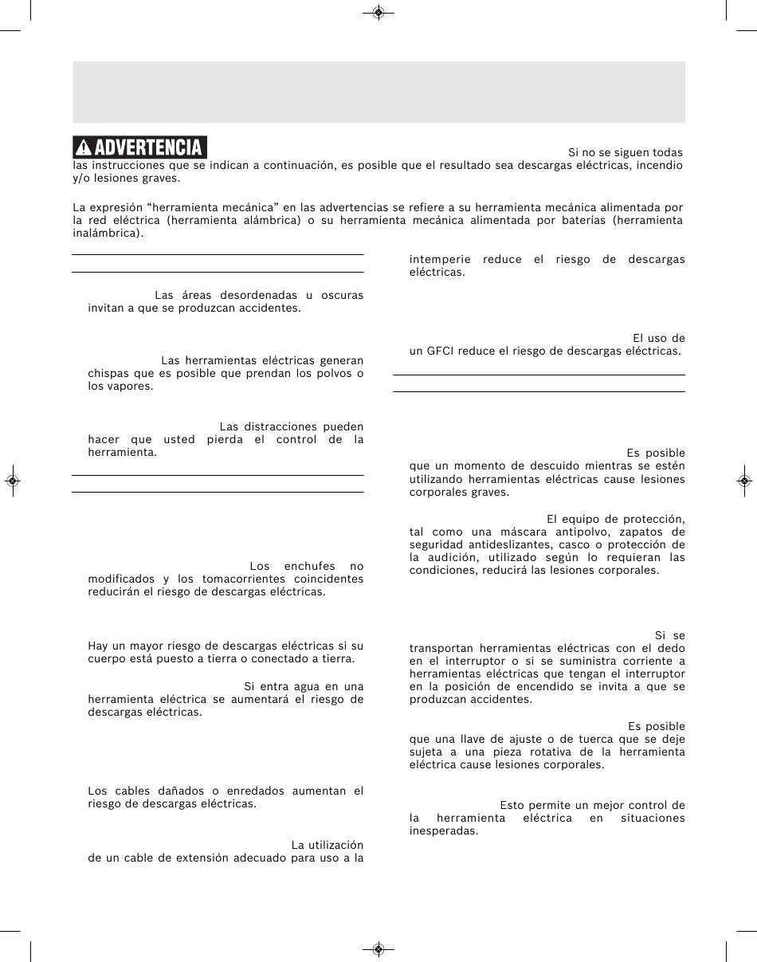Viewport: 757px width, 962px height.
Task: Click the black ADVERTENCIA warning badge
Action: [139, 147]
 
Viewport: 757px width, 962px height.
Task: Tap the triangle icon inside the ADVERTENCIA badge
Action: [83, 148]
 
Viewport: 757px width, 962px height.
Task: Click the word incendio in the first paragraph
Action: [658, 165]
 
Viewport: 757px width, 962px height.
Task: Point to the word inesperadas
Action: [443, 830]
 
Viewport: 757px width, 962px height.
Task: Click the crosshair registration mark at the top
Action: [378, 13]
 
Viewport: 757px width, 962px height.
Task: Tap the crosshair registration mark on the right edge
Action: [743, 481]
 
